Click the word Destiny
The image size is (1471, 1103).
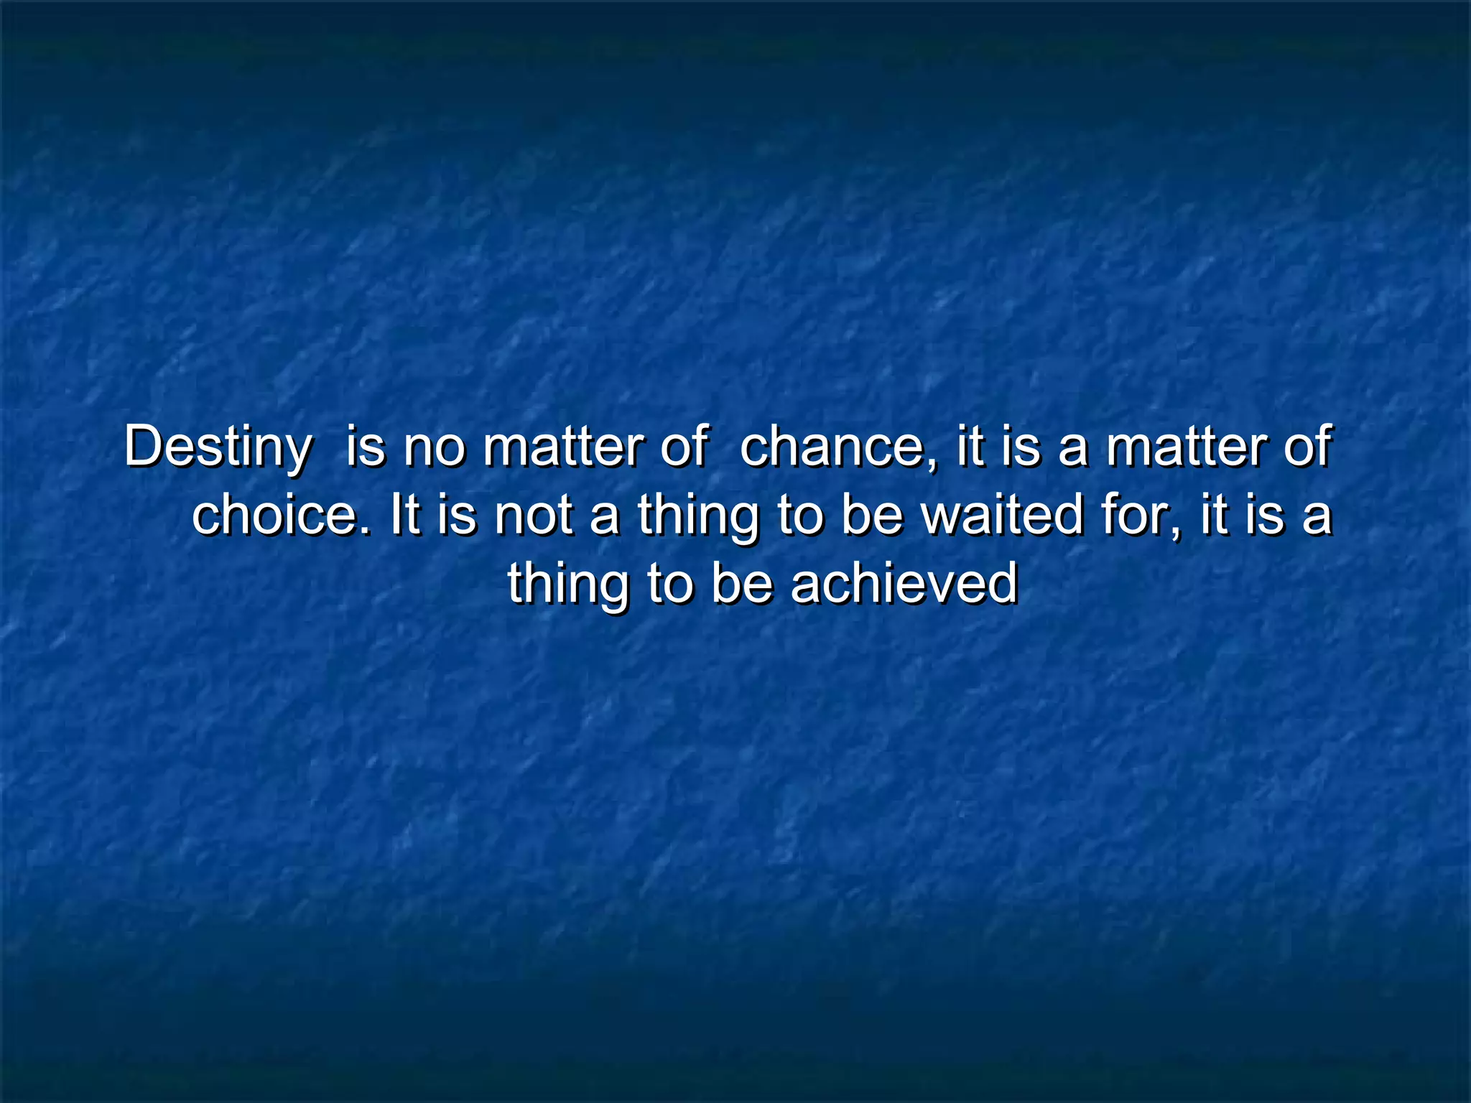pyautogui.click(x=218, y=447)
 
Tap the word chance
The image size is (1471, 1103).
pyautogui.click(x=834, y=447)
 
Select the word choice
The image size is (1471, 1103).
pyautogui.click(x=277, y=516)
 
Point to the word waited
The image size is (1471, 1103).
pyautogui.click(x=1002, y=516)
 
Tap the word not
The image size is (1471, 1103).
pyautogui.click(x=532, y=516)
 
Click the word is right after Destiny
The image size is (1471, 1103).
pyautogui.click(x=366, y=447)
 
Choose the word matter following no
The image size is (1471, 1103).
pyautogui.click(x=562, y=447)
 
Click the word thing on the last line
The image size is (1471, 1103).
pyautogui.click(x=567, y=583)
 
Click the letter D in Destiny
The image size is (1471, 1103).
pyautogui.click(x=141, y=447)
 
